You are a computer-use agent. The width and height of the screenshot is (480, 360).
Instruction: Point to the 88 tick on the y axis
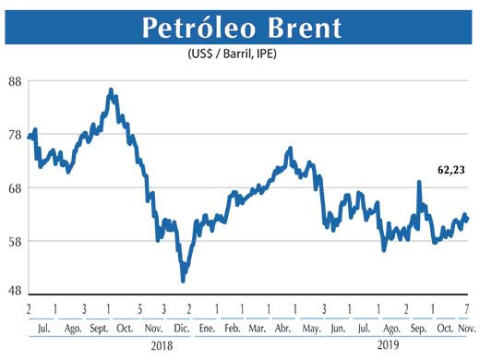coord(16,81)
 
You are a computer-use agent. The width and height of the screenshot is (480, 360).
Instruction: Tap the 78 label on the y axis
coord(16,135)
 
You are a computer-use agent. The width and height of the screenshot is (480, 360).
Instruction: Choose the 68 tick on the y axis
coord(16,188)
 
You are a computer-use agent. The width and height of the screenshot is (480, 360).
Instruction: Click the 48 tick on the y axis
coord(16,290)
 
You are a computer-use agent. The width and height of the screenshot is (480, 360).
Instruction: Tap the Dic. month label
coord(181,328)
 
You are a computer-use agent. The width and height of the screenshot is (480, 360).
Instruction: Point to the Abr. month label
coord(285,328)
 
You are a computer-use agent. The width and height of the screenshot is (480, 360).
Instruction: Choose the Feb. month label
coord(233,328)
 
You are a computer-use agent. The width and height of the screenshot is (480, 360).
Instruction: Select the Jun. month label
coord(338,328)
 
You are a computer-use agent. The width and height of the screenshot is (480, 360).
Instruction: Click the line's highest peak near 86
coord(111,90)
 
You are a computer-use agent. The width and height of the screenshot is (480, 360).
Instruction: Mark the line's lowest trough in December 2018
coord(183,280)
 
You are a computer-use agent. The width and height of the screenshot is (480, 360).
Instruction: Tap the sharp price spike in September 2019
coord(419,183)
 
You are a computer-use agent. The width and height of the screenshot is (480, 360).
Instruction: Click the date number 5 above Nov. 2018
coord(139,307)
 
